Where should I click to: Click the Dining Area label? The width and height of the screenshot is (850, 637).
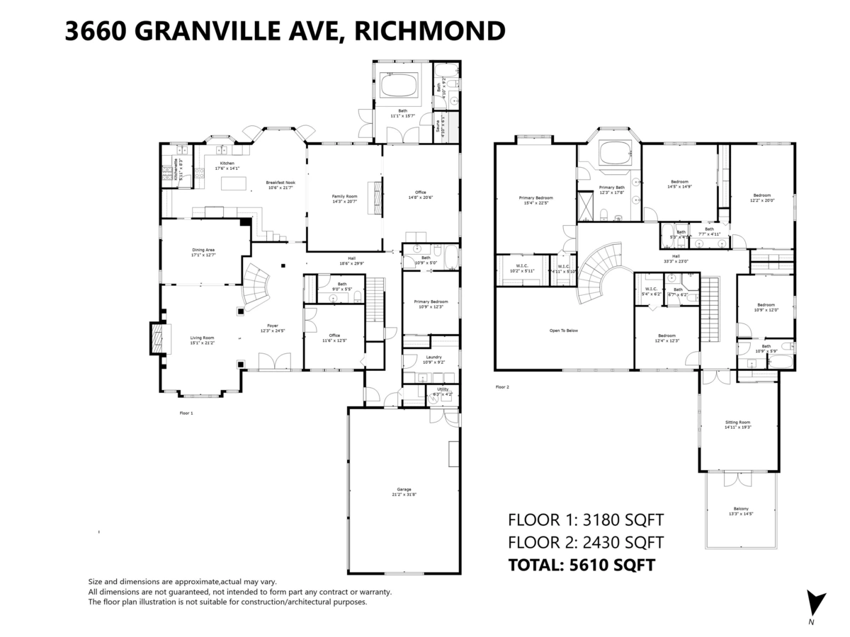pos(203,252)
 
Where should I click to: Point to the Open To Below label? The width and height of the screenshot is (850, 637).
pos(564,331)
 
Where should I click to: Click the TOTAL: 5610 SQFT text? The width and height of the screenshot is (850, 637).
pos(581,565)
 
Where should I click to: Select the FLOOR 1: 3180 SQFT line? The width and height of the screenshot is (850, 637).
pos(586,520)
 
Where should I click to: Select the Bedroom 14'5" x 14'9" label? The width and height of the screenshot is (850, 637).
pos(679,184)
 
